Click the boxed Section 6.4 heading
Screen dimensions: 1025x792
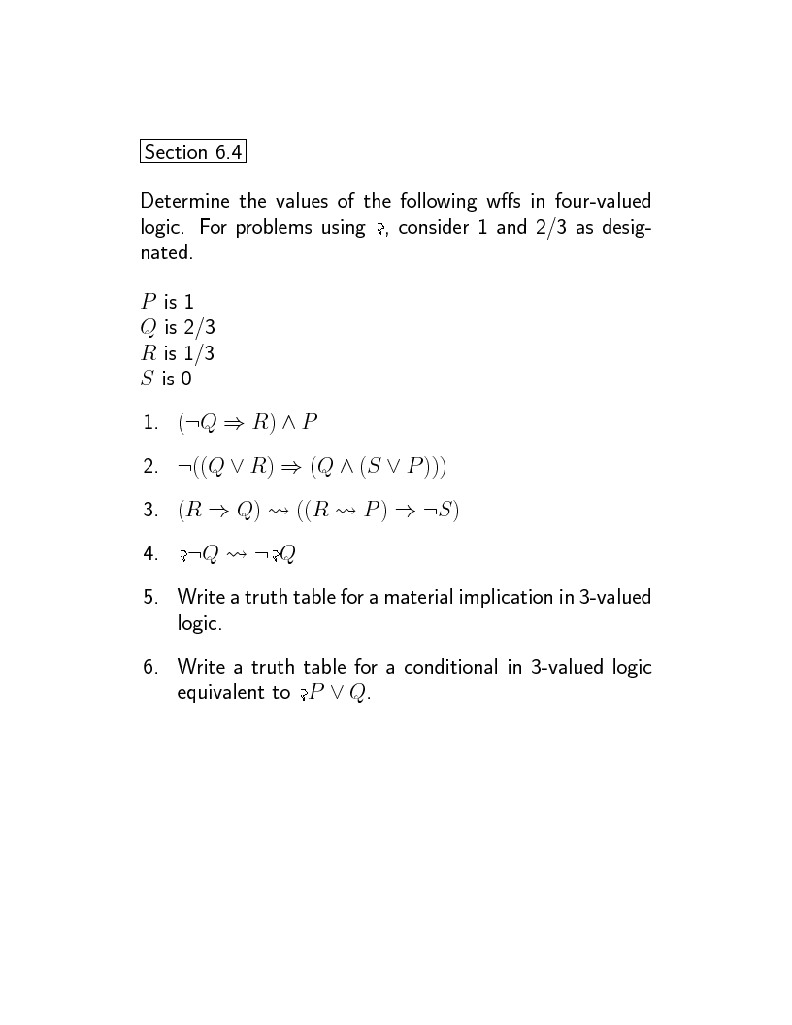pos(192,152)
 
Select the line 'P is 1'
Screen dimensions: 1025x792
pos(167,302)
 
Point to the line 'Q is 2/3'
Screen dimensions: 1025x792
pos(178,328)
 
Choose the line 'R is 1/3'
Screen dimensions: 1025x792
pos(178,353)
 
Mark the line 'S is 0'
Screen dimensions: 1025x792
pos(166,379)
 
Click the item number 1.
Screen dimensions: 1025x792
pos(149,423)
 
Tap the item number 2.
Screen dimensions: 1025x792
pos(149,467)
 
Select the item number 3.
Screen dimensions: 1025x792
pos(149,511)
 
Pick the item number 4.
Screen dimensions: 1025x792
pos(149,554)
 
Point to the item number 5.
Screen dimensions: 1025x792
pos(149,597)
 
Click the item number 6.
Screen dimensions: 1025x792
pos(149,667)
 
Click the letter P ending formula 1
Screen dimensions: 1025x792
pos(310,422)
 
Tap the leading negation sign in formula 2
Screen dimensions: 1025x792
pos(184,468)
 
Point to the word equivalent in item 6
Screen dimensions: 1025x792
pos(222,693)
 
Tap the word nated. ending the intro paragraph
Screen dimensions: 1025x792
pos(167,252)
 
